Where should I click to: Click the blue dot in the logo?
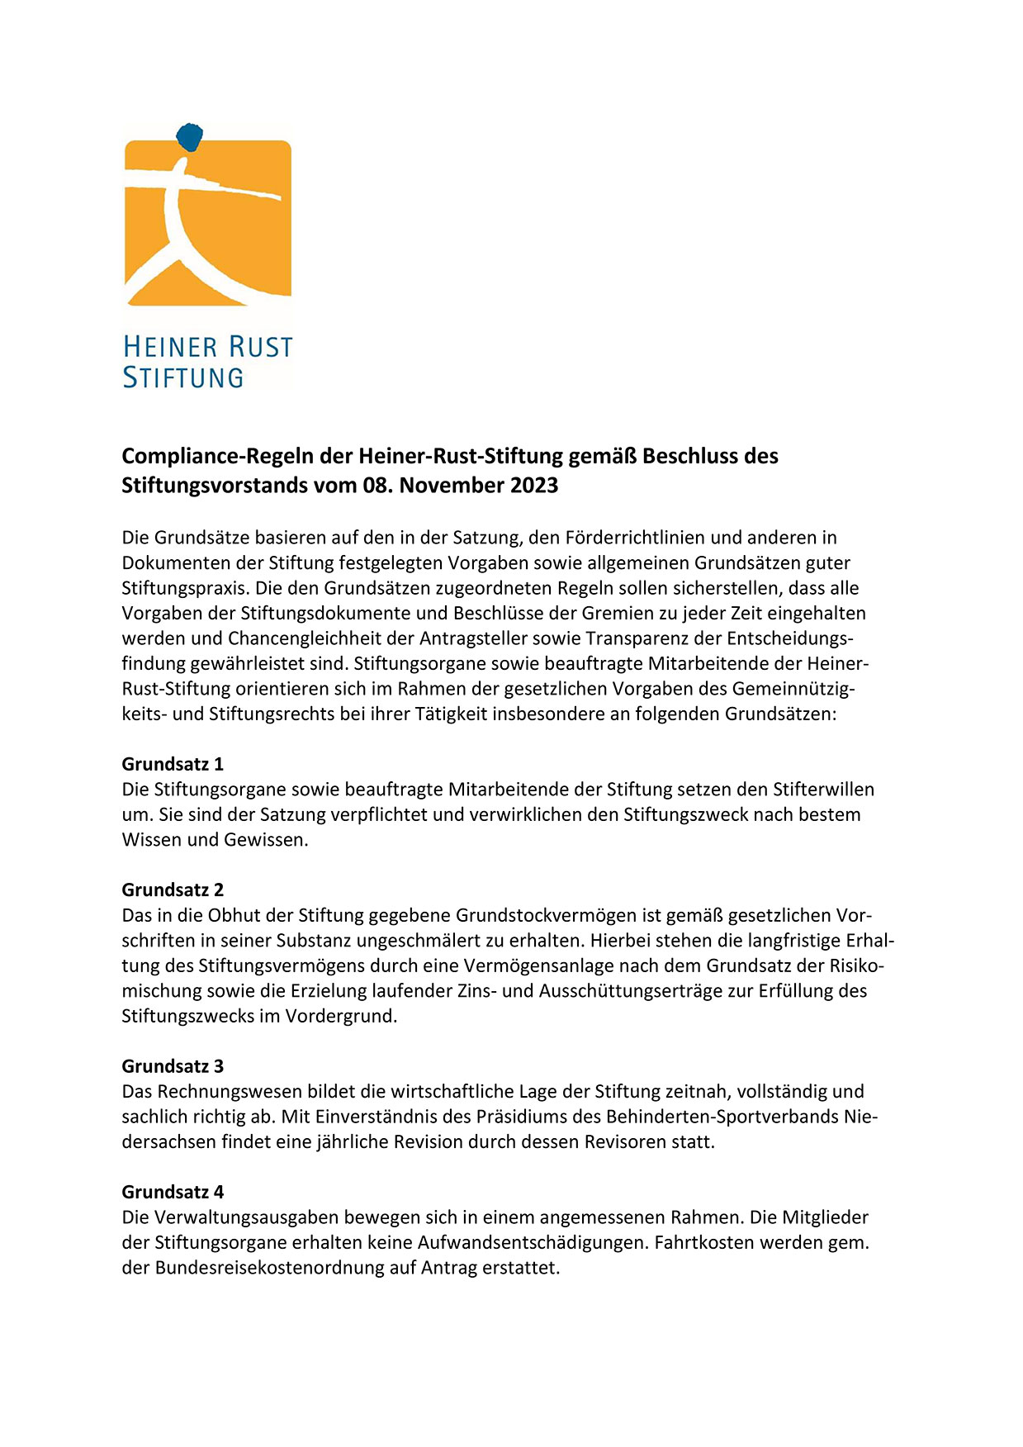point(191,136)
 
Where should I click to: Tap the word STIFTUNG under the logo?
point(183,377)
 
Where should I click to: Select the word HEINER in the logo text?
point(170,347)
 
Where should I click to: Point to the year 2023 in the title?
point(533,485)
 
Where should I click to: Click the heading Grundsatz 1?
point(173,764)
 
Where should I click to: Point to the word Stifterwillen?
point(823,790)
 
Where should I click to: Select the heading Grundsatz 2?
point(173,890)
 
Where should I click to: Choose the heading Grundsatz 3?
point(173,1066)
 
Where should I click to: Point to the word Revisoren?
point(632,1142)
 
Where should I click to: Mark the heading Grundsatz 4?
point(173,1192)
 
